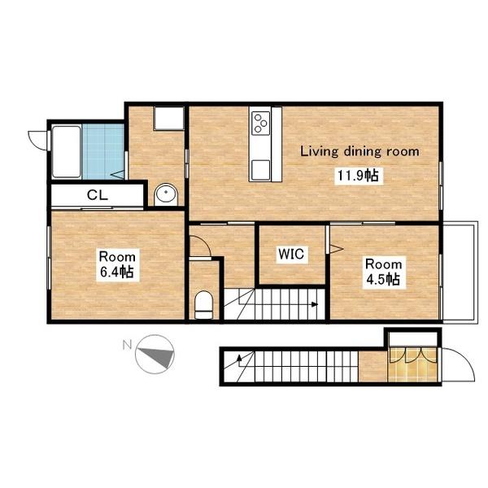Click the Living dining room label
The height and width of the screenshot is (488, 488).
(x=359, y=151)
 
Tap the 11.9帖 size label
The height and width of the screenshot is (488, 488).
(x=359, y=176)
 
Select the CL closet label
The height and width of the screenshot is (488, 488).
(x=98, y=195)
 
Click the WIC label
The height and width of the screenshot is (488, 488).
(x=291, y=254)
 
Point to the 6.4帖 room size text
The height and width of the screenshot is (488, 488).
(x=117, y=272)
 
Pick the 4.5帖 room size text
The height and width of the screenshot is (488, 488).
(x=383, y=280)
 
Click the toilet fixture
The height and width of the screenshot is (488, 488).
(x=203, y=305)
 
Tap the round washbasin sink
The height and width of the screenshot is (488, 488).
(x=166, y=194)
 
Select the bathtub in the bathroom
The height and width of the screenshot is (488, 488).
(x=67, y=151)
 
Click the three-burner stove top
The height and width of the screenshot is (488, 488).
(x=261, y=124)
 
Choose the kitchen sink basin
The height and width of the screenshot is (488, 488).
(x=261, y=170)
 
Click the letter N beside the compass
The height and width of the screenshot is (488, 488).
(x=127, y=345)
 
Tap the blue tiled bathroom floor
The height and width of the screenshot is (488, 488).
(x=103, y=151)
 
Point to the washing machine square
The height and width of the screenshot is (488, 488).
(x=168, y=118)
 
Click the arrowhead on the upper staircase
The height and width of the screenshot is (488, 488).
(x=315, y=304)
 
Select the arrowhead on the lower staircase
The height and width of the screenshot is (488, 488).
(x=239, y=358)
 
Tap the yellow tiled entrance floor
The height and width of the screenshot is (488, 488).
(x=412, y=364)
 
